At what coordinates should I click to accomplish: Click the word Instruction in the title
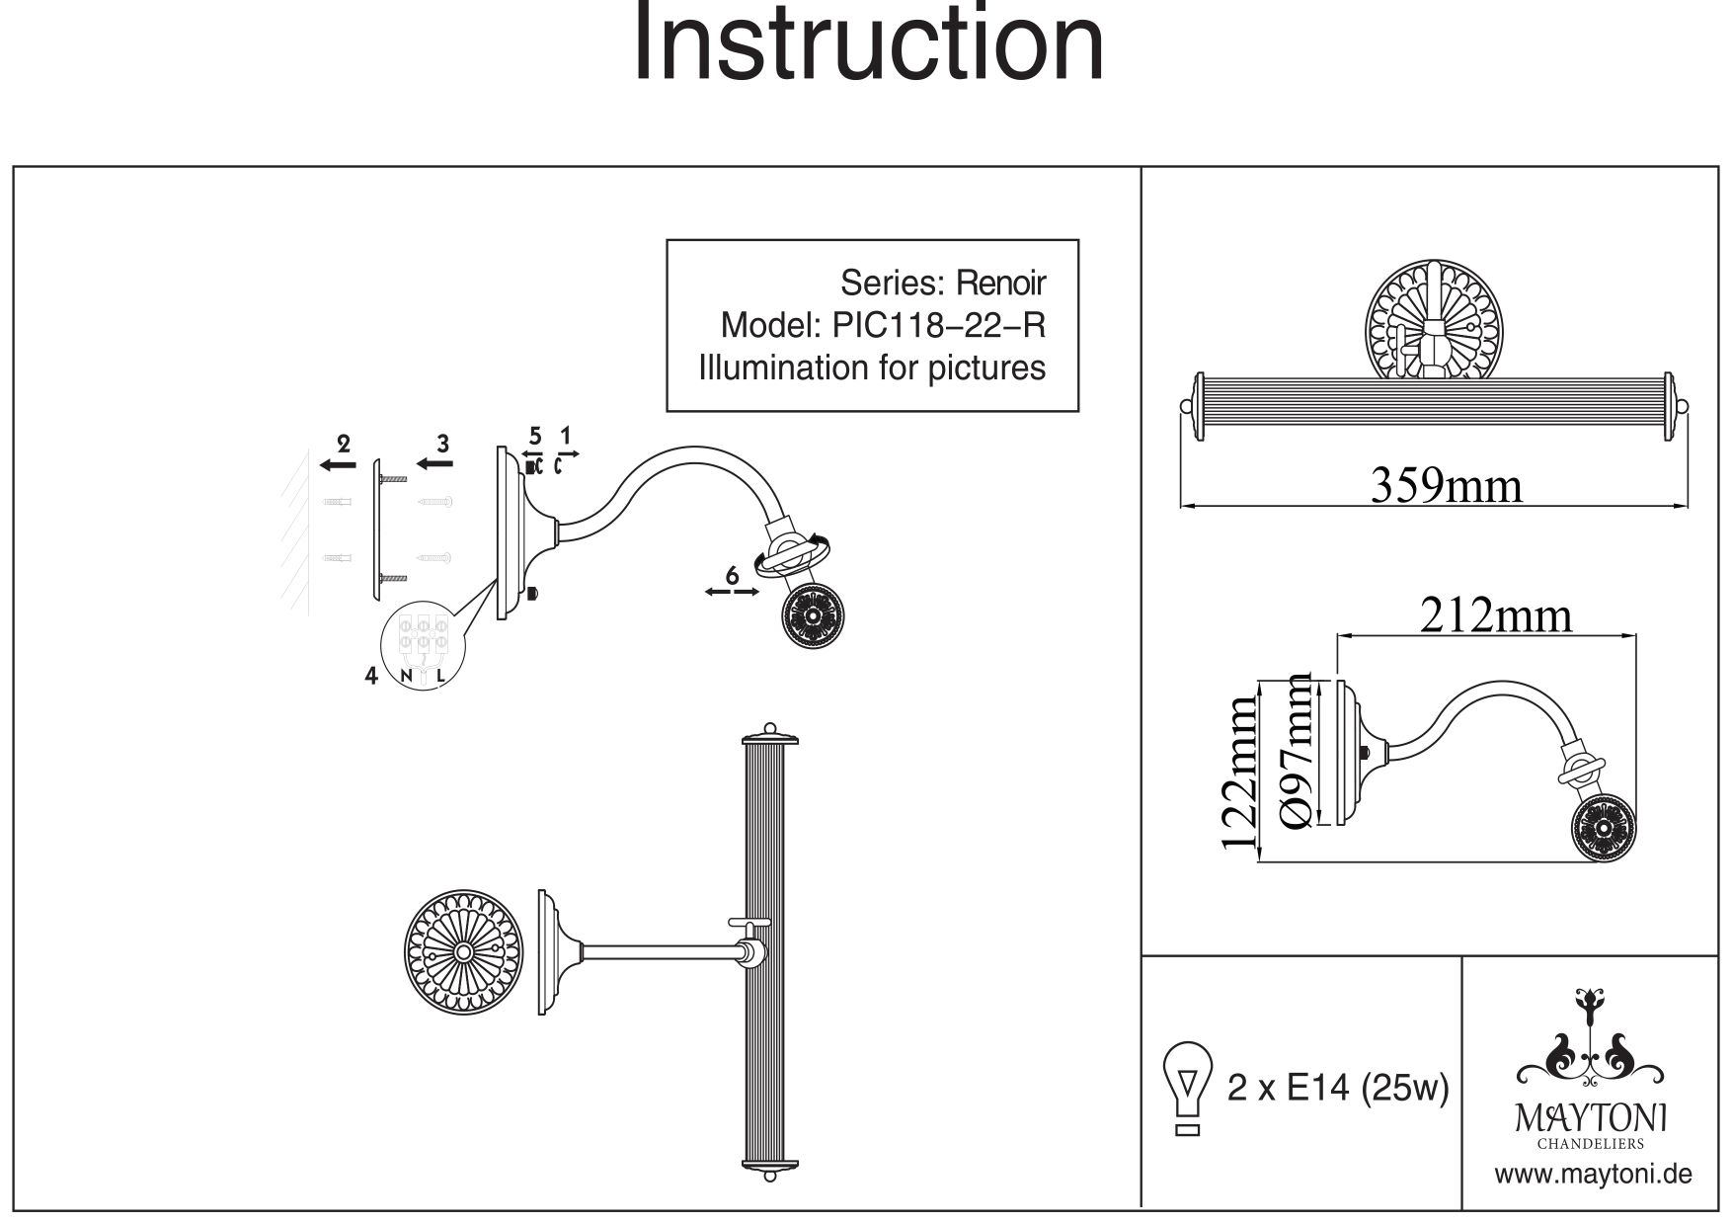coord(867,44)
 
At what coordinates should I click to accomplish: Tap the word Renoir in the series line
coord(1000,284)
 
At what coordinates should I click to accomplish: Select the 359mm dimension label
coord(1446,485)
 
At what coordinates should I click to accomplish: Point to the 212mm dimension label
coord(1495,615)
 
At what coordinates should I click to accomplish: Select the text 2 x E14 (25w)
coord(1337,1089)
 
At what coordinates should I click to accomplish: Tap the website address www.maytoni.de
coord(1592,1175)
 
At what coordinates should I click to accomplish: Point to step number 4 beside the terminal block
coord(371,677)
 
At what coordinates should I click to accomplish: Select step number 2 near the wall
coord(344,444)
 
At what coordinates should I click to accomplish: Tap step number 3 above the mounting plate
coord(443,444)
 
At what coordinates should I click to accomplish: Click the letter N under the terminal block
coord(406,677)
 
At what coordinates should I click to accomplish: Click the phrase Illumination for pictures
coord(872,368)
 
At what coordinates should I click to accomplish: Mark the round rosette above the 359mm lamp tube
coord(1430,321)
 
